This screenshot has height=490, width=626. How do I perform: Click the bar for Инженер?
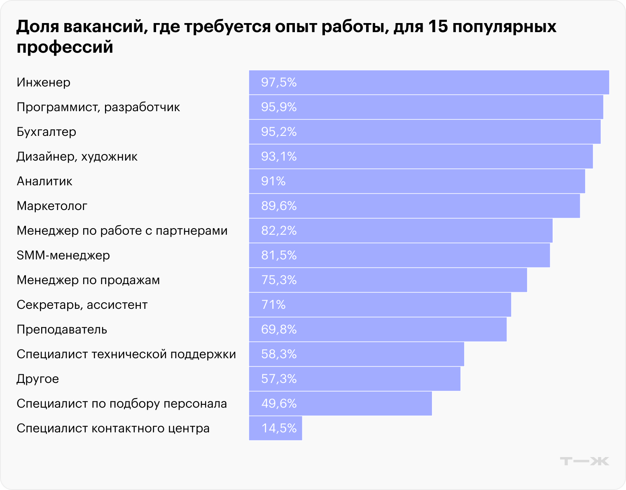[428, 82]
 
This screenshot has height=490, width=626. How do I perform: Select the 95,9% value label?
[279, 107]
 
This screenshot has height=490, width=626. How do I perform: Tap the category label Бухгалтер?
[46, 132]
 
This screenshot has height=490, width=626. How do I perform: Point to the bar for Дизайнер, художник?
[420, 156]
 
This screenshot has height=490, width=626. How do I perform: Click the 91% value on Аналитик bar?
[273, 181]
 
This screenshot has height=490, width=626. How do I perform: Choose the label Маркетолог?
[52, 206]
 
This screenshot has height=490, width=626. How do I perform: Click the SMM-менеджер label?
[63, 255]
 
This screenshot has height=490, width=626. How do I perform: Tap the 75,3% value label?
[279, 280]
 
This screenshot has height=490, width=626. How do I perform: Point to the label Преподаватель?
[62, 329]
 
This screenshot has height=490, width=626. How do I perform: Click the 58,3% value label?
[279, 354]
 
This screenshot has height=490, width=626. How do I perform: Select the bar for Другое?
[354, 379]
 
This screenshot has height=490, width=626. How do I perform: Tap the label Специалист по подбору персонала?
[121, 404]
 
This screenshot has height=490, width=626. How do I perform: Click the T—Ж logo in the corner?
[584, 461]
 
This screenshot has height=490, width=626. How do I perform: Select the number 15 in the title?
[437, 27]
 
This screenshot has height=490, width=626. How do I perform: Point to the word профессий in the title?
[65, 47]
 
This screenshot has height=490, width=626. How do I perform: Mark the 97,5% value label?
[279, 82]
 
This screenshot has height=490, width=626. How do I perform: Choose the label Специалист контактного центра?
[113, 428]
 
